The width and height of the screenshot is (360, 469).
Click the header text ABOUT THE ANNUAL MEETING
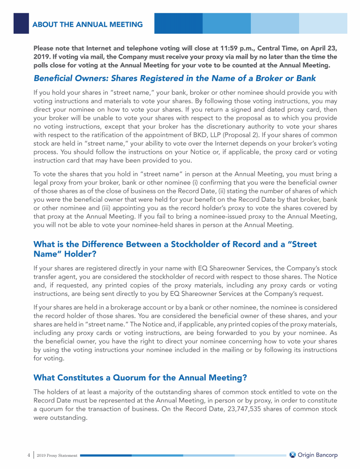click(88, 24)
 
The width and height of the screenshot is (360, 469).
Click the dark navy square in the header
click(21, 23)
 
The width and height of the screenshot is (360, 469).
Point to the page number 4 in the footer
click(29, 455)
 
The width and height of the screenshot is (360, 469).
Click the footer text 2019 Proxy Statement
click(57, 455)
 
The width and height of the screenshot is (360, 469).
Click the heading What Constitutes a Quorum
click(141, 378)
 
